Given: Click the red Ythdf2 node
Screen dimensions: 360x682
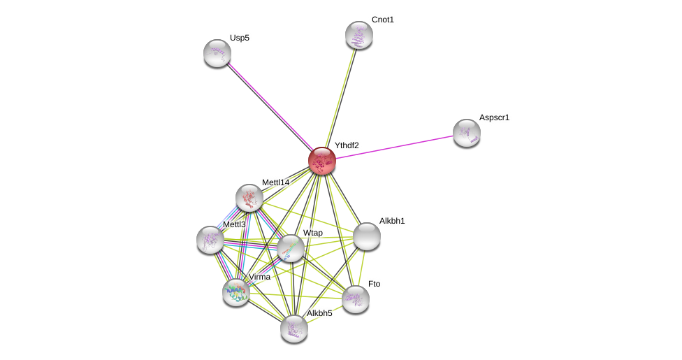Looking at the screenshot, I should (322, 161).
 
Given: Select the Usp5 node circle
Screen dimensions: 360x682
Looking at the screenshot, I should (217, 53).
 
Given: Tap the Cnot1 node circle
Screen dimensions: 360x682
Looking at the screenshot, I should (359, 35).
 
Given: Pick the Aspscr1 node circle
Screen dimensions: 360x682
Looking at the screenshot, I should (467, 133).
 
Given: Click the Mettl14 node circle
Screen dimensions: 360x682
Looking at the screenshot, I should (249, 198).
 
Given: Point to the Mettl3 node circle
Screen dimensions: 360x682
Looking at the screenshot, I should (210, 240).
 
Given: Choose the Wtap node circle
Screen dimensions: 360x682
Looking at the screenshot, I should (291, 248).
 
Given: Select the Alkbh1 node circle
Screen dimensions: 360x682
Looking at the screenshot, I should (367, 236).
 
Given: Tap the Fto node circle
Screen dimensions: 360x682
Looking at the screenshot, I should (356, 299).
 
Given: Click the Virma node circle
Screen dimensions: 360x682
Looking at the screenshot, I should (236, 292).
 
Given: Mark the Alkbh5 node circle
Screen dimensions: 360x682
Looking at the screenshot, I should (294, 329).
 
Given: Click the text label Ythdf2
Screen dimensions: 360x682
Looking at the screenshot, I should (347, 145).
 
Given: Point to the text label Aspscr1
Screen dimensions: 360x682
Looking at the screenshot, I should (494, 117).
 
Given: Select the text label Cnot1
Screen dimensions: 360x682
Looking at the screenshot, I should (382, 20).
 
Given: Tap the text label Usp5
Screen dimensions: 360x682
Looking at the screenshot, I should (239, 38).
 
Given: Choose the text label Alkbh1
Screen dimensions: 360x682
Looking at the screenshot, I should (392, 221).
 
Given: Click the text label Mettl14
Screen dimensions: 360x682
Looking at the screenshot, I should (275, 182).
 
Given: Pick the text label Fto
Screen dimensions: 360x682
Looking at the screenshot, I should (374, 284).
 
